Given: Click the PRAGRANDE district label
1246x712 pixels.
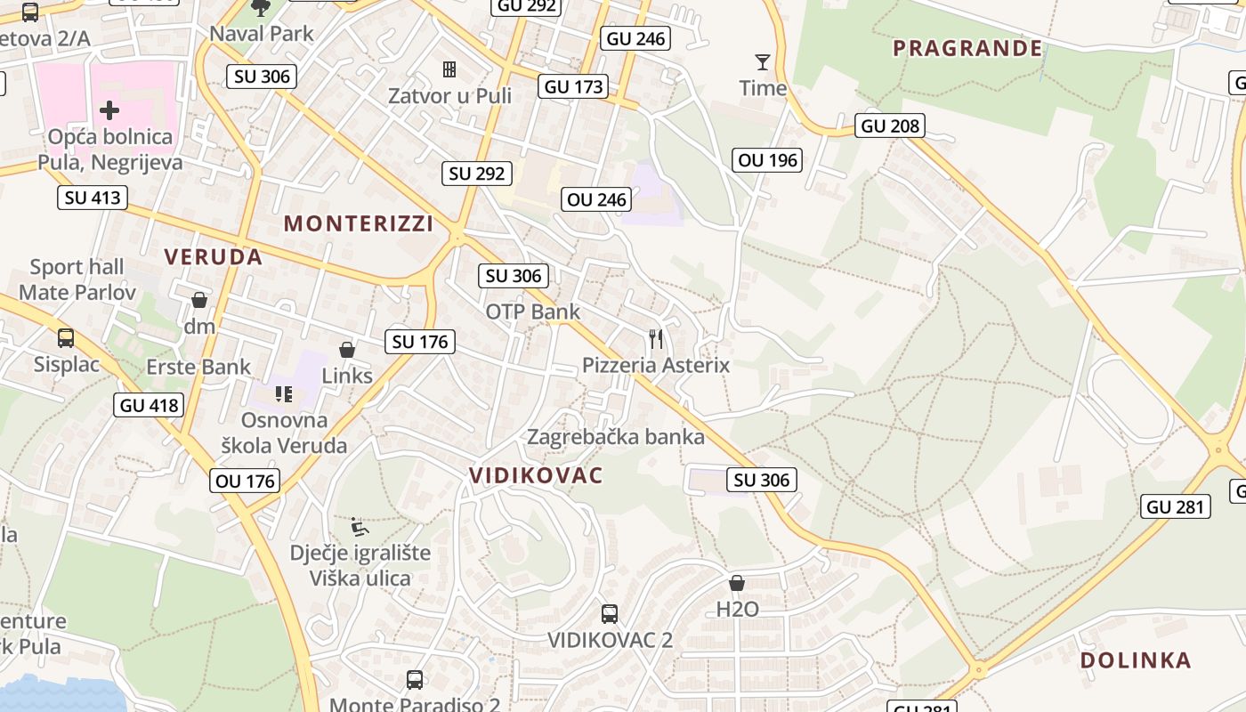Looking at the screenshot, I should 967,48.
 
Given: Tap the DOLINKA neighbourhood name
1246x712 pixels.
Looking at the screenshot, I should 1136,660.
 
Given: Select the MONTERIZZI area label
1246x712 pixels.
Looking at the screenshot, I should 359,223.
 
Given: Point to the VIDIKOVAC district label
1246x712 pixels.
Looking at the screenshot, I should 536,475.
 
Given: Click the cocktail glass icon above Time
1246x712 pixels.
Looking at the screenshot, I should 763,62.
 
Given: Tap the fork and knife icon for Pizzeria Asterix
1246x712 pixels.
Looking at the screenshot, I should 656,339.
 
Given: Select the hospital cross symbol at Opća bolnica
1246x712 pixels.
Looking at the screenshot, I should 109,110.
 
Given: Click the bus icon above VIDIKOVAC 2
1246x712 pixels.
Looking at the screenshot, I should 610,613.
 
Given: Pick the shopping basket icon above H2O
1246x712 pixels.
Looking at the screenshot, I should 737,583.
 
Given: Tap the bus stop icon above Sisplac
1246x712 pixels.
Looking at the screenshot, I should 66,338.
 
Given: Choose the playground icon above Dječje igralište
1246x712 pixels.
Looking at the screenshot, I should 359,527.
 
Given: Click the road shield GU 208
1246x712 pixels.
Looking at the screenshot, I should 890,125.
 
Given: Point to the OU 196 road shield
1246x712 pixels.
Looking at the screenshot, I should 769,160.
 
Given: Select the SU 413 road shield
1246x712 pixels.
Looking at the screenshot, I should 92,197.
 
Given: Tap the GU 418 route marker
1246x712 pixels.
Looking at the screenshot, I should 149,406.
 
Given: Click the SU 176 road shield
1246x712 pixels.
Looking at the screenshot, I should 420,341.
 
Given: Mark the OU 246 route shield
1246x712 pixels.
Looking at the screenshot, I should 597,199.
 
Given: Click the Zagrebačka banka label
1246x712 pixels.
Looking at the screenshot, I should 616,437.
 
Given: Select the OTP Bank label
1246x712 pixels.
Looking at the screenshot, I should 532,311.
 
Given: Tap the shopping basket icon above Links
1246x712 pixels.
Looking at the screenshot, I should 347,351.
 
